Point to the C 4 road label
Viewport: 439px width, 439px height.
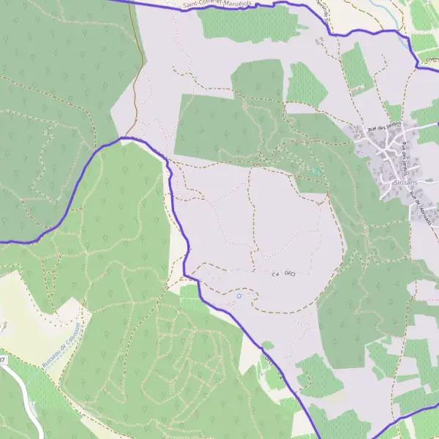click(x=275, y=274)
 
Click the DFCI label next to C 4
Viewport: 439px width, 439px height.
click(x=289, y=273)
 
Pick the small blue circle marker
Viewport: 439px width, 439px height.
click(x=239, y=296)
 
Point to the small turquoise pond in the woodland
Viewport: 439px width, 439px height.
click(x=316, y=170)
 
